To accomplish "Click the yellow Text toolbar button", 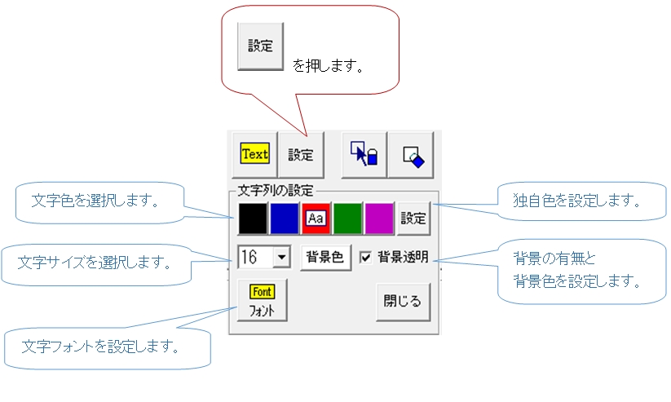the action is tap(254, 154).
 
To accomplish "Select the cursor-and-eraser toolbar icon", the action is tap(364, 154).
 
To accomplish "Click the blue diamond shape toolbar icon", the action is tap(411, 154).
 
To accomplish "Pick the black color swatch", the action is tap(253, 219).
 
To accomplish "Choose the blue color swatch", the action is tap(285, 219).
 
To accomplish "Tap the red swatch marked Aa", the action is tap(316, 219).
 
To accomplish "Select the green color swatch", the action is tap(347, 219).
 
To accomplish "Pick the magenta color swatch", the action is tap(379, 219).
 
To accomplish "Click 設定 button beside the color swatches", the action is tap(413, 219).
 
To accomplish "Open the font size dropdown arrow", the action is tap(281, 258).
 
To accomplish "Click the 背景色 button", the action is tap(325, 258).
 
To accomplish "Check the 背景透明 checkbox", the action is tap(365, 258).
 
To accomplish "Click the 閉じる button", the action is tap(403, 302).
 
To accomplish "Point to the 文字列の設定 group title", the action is tap(275, 190).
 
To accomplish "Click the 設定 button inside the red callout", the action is tap(260, 46).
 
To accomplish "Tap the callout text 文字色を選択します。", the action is tap(95, 201).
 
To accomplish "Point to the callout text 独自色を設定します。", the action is tap(577, 201).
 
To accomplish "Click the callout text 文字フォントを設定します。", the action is tap(100, 346).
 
